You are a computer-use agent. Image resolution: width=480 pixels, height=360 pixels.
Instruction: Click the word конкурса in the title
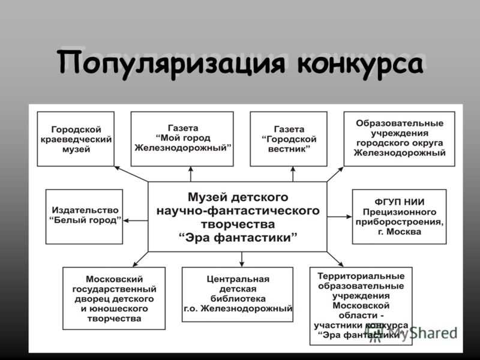pos(361,64)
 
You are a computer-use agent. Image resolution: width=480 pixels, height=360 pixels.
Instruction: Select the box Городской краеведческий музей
pos(76,139)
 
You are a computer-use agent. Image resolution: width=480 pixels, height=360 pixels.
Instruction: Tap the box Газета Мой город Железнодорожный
pos(182,139)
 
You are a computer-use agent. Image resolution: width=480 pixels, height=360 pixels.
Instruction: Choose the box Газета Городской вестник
pos(289,139)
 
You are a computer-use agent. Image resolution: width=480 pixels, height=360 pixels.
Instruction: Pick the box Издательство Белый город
pos(84,217)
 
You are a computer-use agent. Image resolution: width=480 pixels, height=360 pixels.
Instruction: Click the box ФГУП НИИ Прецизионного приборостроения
pos(399,217)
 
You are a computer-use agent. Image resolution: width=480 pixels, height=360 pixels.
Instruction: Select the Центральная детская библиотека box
pos(238,295)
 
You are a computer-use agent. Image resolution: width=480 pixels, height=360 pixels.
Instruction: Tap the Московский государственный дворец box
pos(114,298)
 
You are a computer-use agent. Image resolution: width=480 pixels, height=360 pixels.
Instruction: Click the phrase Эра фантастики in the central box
pos(238,238)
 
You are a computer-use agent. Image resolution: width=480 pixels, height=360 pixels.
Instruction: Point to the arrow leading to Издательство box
pos(136,220)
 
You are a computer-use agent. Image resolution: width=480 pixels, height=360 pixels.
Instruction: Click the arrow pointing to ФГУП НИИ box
pos(340,217)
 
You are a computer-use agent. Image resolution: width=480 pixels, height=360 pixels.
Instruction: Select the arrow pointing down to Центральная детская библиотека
pos(242,259)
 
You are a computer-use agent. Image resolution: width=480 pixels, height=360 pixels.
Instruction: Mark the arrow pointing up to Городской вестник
pos(293,174)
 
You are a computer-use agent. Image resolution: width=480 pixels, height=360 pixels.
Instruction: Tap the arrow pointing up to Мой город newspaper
pos(191,174)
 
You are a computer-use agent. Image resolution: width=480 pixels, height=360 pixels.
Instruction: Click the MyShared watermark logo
pos(413,333)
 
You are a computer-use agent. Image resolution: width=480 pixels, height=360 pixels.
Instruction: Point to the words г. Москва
pos(400,232)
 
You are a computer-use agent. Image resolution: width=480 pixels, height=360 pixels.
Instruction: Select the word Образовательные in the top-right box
pos(400,123)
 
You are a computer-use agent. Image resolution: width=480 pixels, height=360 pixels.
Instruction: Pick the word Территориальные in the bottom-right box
pos(361,276)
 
